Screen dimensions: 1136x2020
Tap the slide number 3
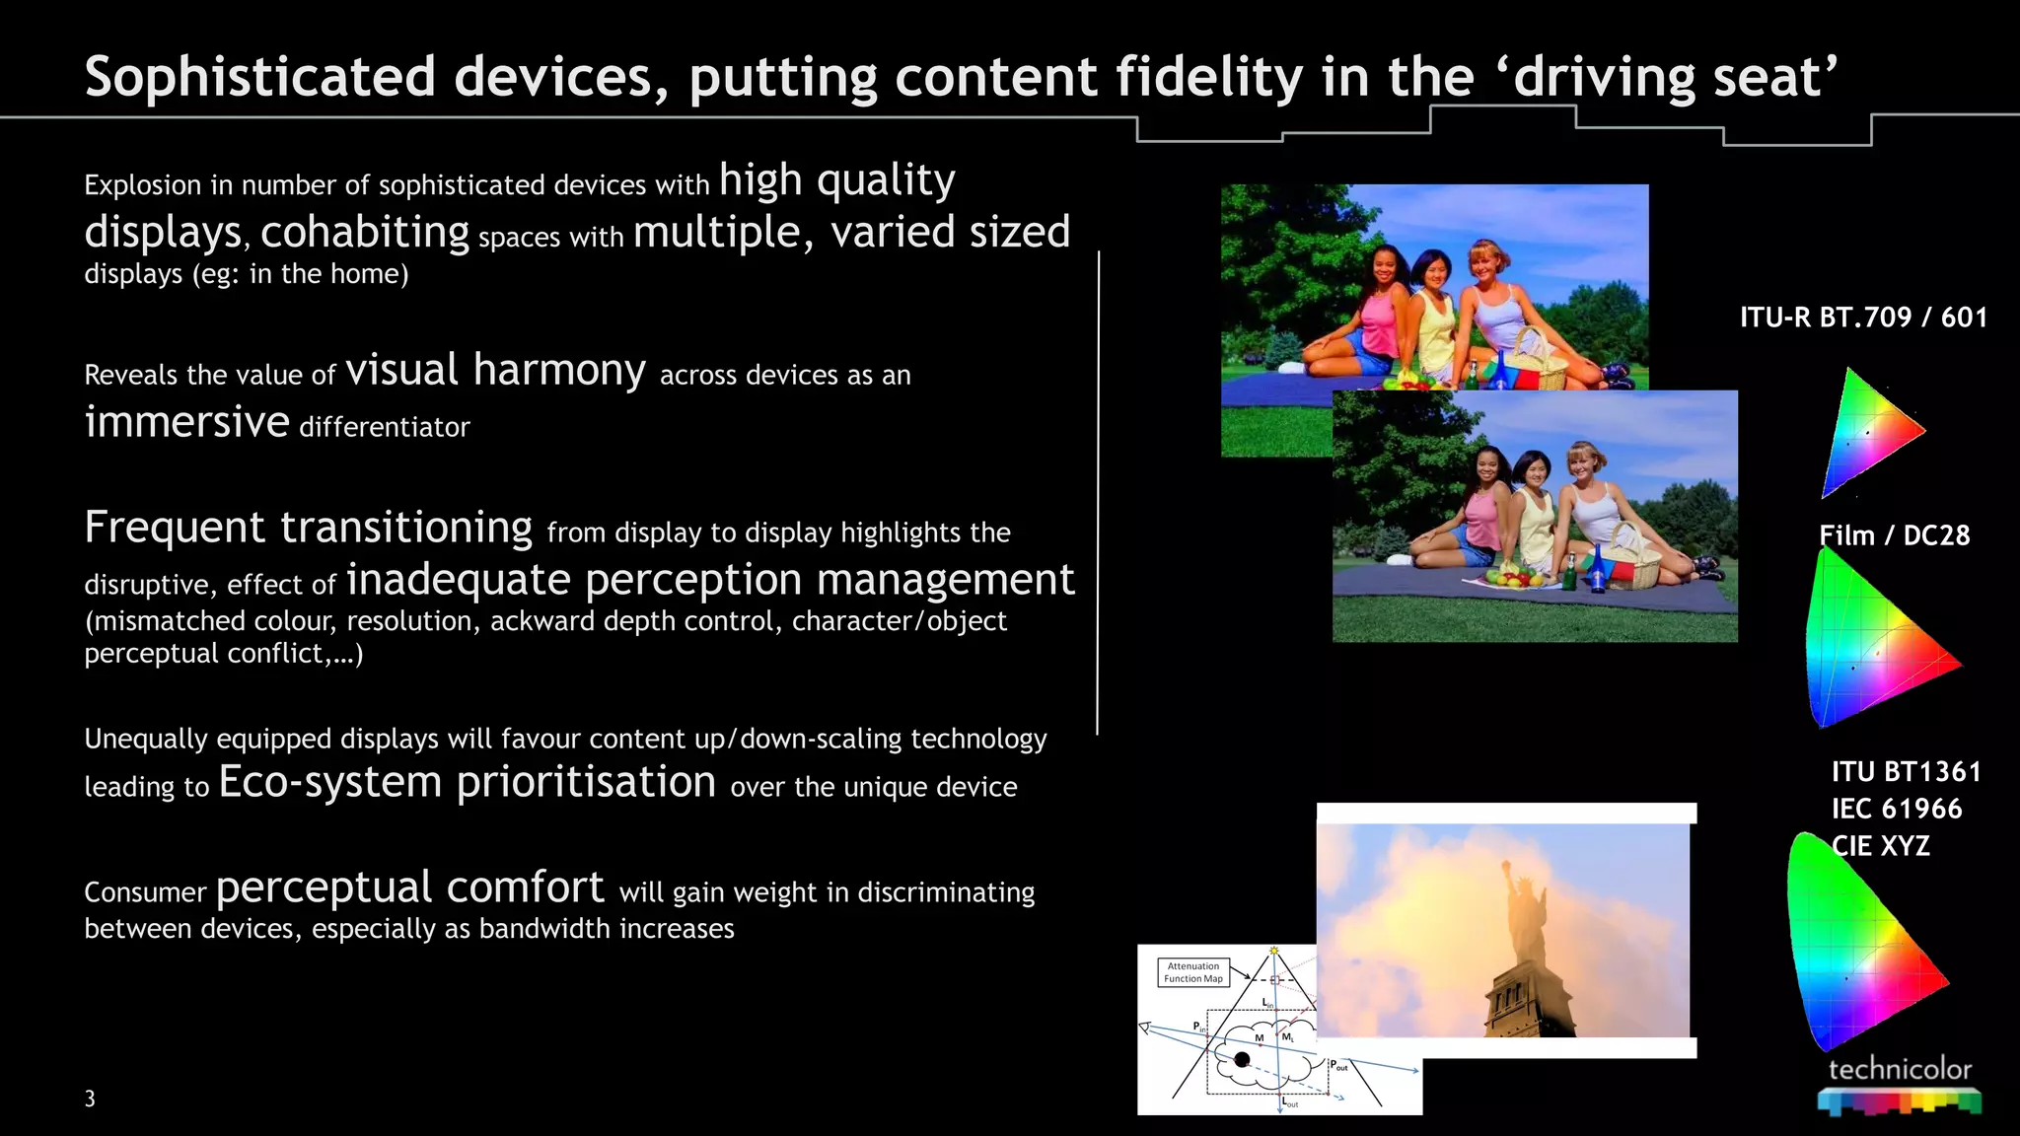90,1099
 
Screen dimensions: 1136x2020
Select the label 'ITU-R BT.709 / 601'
1863,318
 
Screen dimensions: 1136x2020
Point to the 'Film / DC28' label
1894,535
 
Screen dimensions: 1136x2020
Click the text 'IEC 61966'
1896,809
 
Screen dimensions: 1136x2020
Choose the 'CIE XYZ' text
1880,846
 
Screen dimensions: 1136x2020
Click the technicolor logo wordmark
1899,1069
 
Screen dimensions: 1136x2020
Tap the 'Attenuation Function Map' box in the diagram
1192,972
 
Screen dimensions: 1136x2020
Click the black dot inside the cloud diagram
1242,1059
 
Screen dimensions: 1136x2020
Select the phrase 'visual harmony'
495,371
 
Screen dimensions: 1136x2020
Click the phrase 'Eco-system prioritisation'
467,782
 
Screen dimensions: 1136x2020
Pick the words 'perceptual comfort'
409,887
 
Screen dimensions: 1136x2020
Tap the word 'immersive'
186,422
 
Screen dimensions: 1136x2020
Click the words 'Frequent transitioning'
308,527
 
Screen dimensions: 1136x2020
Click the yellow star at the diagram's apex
1274,951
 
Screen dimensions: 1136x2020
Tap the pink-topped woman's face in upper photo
1385,264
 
